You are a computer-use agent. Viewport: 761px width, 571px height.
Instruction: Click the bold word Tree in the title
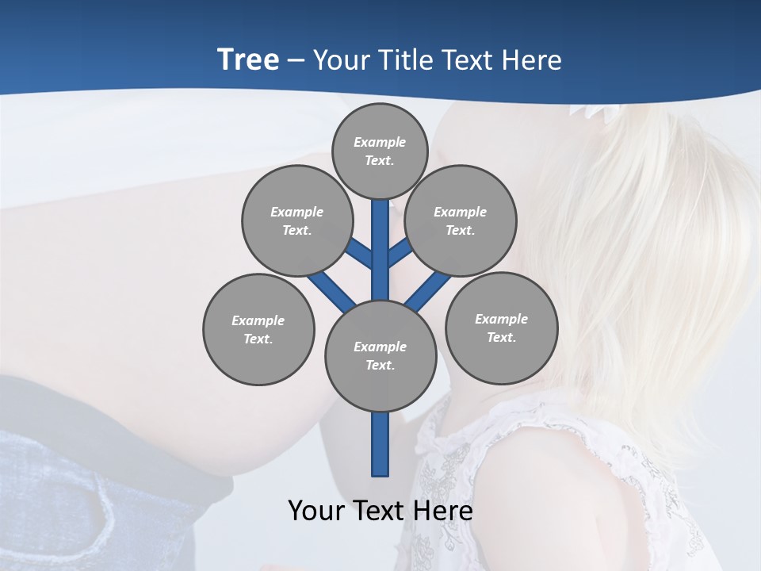tap(248, 59)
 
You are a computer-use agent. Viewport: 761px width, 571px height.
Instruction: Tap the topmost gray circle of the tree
tap(380, 151)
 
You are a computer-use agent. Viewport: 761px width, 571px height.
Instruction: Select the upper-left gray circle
tap(296, 220)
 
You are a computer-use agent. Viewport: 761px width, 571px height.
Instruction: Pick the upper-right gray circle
tap(461, 220)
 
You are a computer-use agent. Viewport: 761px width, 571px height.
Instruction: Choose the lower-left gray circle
tap(258, 329)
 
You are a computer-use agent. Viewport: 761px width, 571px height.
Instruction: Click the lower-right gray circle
tap(501, 328)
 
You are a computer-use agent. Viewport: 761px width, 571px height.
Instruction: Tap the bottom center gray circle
tap(380, 356)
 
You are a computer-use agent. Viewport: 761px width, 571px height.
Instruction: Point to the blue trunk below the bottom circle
tap(380, 444)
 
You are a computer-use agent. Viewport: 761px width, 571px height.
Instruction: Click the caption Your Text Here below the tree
tap(380, 511)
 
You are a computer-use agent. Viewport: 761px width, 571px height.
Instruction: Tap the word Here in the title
tap(533, 59)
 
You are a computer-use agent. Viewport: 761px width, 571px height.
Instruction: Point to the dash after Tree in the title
tap(296, 60)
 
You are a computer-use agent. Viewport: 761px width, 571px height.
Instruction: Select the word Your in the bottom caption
tap(316, 511)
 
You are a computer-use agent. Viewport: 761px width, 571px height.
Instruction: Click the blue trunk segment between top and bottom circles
tap(380, 262)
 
